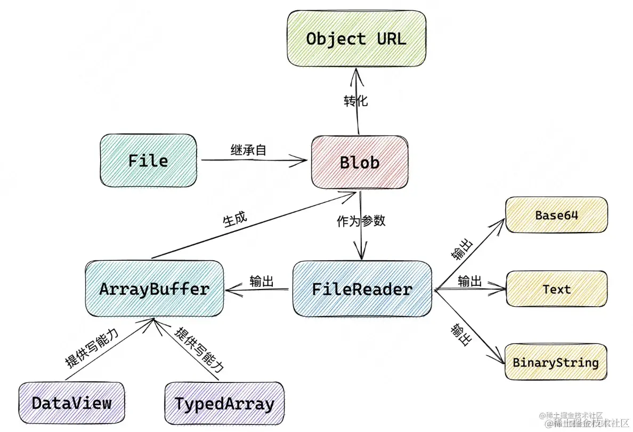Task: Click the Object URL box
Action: click(x=356, y=38)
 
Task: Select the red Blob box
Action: click(x=359, y=162)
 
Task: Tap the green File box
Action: click(x=148, y=161)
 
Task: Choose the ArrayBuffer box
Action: click(x=154, y=289)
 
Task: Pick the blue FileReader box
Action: click(x=362, y=289)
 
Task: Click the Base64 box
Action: click(x=556, y=215)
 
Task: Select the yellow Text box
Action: click(x=556, y=289)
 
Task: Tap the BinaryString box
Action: click(x=556, y=363)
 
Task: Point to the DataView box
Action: click(x=71, y=403)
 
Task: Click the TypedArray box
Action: click(x=224, y=403)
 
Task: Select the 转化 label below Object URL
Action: click(x=355, y=101)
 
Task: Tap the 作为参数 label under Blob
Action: click(x=361, y=221)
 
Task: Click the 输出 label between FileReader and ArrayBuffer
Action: click(x=262, y=282)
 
